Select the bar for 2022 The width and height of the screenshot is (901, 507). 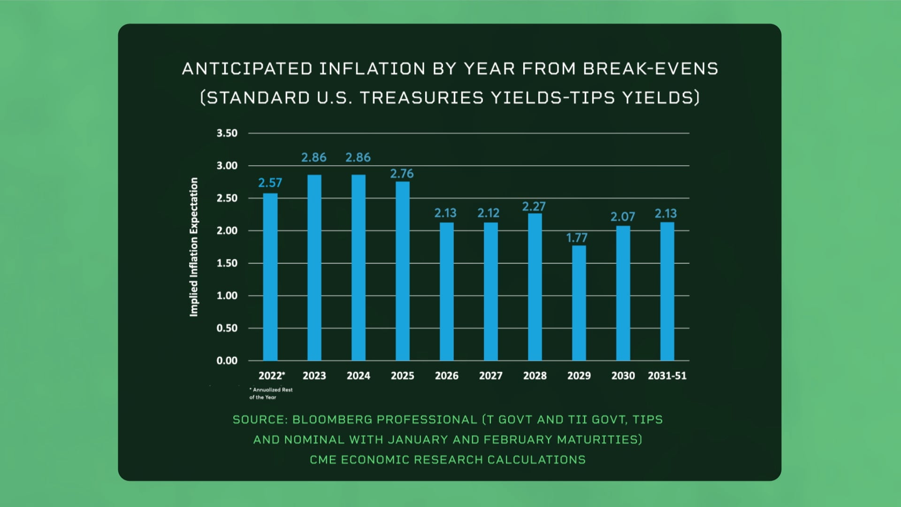270,277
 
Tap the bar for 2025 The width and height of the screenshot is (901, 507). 402,271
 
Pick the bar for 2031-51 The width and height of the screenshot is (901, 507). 667,291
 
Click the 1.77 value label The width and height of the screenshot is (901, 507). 577,238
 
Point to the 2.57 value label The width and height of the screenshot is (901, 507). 270,183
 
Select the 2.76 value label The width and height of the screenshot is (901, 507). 402,174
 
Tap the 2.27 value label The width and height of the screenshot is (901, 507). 534,207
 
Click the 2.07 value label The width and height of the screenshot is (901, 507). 622,217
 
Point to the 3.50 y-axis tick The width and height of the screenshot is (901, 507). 227,133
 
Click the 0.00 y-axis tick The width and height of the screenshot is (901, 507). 227,361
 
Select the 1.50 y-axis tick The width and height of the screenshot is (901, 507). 227,263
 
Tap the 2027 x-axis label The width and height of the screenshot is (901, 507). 490,376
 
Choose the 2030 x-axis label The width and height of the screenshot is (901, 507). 623,376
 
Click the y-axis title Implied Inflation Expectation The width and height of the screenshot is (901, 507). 194,247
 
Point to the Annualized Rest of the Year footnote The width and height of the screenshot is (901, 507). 271,393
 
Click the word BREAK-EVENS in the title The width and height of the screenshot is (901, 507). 650,69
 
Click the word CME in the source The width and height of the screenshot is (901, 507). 323,460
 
